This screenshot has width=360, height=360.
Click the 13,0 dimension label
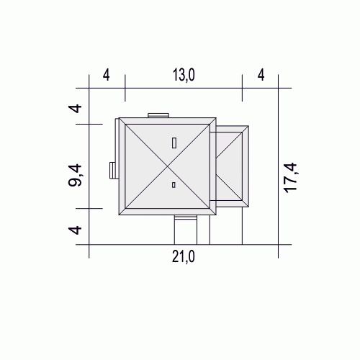[x=184, y=75]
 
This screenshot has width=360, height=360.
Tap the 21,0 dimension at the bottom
[x=184, y=257]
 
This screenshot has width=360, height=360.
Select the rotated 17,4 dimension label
[x=291, y=178]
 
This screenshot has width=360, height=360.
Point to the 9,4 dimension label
[x=75, y=176]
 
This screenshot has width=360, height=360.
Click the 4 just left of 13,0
[x=107, y=75]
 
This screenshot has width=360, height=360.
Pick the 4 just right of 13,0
[x=261, y=75]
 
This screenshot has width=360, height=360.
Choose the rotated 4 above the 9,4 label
[x=75, y=109]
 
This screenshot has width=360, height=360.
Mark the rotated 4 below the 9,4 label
[x=75, y=230]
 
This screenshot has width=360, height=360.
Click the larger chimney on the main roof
[x=174, y=143]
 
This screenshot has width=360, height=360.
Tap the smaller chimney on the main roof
[x=174, y=185]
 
